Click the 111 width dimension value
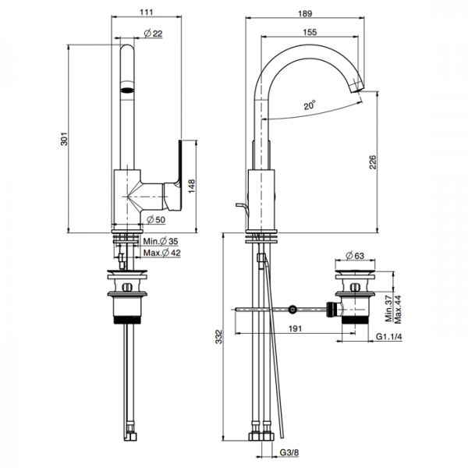click(x=147, y=12)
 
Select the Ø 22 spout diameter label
click(x=154, y=34)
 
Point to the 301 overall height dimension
click(x=64, y=139)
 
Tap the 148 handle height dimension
click(x=192, y=186)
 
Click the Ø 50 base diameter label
click(x=156, y=220)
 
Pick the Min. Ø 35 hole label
click(x=161, y=241)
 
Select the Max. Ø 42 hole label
click(x=162, y=253)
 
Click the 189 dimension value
click(x=305, y=13)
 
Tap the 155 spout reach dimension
click(x=310, y=32)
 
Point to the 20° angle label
click(x=310, y=105)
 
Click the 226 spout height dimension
click(x=373, y=162)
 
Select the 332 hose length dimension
click(x=219, y=337)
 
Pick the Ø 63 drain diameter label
click(x=355, y=256)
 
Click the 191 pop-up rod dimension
click(x=295, y=328)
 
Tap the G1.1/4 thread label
click(x=388, y=337)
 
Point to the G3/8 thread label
click(x=289, y=452)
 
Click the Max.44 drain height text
click(x=398, y=310)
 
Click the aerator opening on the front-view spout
click(x=127, y=90)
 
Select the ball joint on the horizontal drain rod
click(x=292, y=310)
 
